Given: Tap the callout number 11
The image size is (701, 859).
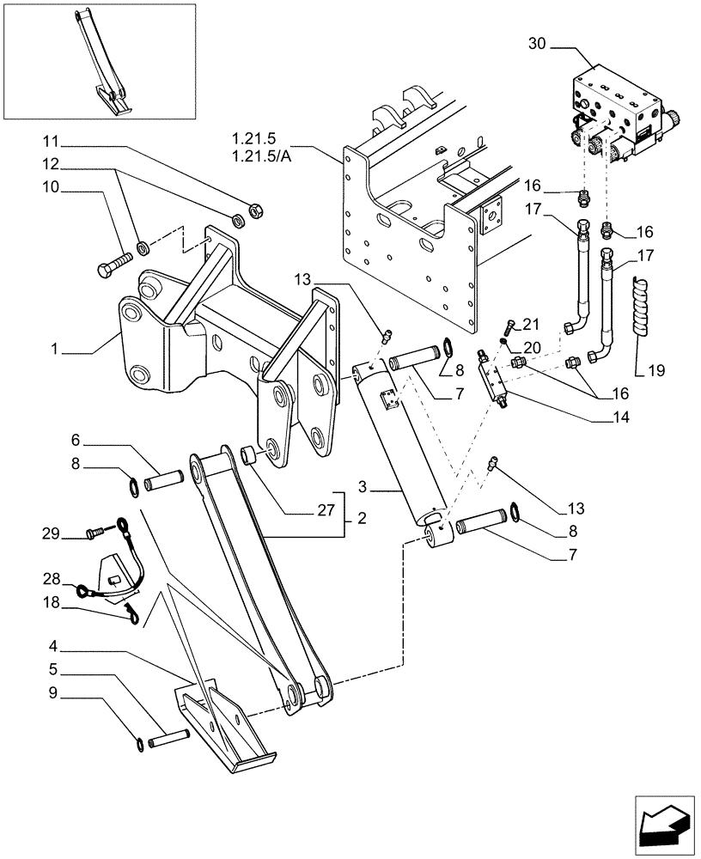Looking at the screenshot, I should click(x=52, y=141).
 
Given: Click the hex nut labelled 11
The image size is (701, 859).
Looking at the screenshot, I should click(x=254, y=208).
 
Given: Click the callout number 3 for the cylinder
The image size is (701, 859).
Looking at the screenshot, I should click(x=364, y=487).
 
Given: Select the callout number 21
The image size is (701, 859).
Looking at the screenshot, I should click(x=532, y=324).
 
